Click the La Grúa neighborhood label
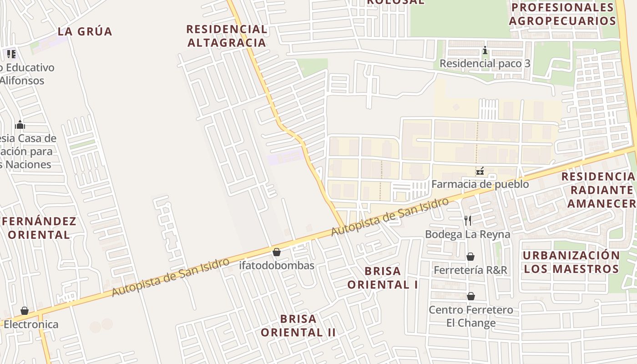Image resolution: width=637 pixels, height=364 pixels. (x=85, y=31)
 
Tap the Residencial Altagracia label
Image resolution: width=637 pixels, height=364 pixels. (x=226, y=36)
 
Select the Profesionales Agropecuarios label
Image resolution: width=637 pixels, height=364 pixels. (x=562, y=14)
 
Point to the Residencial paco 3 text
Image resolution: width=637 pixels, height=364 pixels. (x=485, y=63)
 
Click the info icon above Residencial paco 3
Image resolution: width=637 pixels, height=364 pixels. (x=485, y=50)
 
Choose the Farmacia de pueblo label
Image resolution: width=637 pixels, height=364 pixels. (x=480, y=184)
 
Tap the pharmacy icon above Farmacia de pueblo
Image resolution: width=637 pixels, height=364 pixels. (x=480, y=172)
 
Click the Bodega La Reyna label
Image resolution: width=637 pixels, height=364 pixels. (x=467, y=234)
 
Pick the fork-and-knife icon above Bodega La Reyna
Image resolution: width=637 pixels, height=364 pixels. (x=468, y=221)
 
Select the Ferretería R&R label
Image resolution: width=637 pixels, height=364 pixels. (x=470, y=270)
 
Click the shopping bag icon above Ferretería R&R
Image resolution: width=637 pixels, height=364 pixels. (x=470, y=257)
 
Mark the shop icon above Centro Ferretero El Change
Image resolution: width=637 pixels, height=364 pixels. (x=471, y=297)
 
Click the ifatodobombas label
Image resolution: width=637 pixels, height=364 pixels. (x=277, y=265)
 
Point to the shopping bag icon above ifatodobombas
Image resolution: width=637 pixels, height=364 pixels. (x=277, y=252)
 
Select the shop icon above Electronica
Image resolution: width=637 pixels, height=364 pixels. (x=25, y=311)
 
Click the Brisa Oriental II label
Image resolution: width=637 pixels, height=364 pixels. (x=298, y=325)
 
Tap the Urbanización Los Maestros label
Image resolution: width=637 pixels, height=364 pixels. (x=571, y=262)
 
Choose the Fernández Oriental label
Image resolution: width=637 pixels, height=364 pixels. (x=39, y=228)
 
